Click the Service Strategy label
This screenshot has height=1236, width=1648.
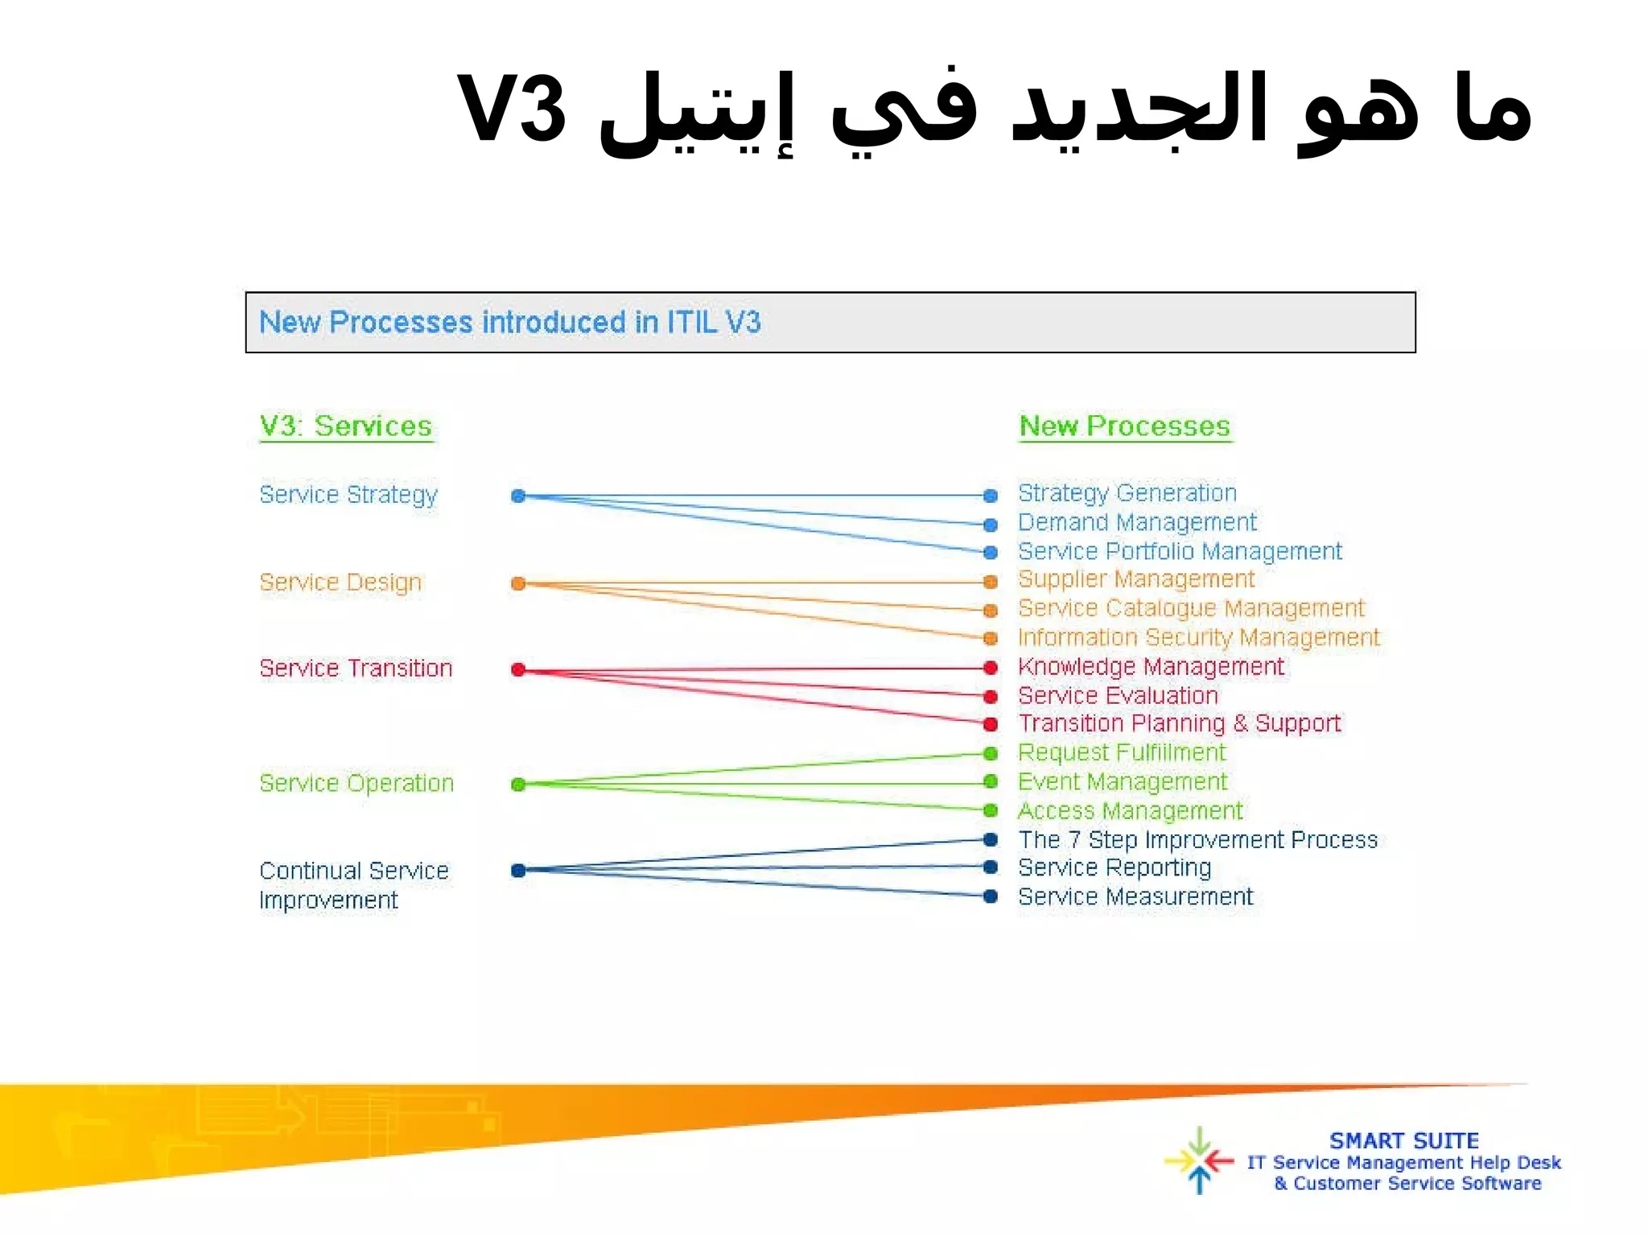[x=348, y=494]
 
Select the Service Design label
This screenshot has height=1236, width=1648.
[x=340, y=582]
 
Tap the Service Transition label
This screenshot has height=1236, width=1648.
[x=356, y=668]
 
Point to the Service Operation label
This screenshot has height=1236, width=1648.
[x=356, y=783]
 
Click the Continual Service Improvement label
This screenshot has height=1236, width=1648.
[x=353, y=885]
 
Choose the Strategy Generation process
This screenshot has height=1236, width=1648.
[x=1127, y=492]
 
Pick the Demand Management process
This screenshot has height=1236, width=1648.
[x=1137, y=522]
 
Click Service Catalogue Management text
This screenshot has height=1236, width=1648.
[x=1191, y=608]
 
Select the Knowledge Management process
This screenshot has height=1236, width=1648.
[x=1151, y=666]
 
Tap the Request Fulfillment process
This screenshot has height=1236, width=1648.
[x=1122, y=752]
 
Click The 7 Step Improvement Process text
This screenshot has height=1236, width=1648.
[x=1197, y=839]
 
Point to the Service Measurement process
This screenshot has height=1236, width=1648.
[x=1135, y=896]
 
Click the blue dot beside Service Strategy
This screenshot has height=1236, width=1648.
[x=518, y=496]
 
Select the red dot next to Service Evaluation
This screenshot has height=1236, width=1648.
[x=991, y=696]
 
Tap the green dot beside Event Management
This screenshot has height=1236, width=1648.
[x=991, y=781]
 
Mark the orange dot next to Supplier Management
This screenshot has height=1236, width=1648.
[x=991, y=581]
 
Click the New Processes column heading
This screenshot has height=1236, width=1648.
[x=1124, y=426]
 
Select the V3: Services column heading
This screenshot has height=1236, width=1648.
[x=346, y=426]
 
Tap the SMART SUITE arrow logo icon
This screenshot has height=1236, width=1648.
[x=1199, y=1160]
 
